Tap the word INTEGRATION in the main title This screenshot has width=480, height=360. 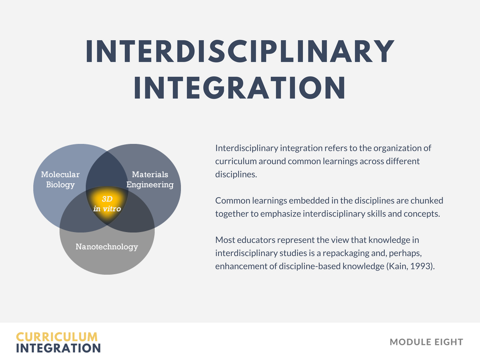[x=240, y=88]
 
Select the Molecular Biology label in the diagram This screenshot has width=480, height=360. [x=60, y=180]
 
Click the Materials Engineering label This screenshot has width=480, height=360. [x=150, y=180]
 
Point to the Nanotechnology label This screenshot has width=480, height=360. [x=107, y=247]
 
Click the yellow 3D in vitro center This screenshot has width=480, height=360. [x=107, y=204]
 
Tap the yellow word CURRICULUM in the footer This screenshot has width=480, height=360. [x=57, y=337]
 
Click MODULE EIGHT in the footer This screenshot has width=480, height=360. [x=427, y=342]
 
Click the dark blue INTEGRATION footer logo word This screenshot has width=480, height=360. [x=58, y=348]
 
